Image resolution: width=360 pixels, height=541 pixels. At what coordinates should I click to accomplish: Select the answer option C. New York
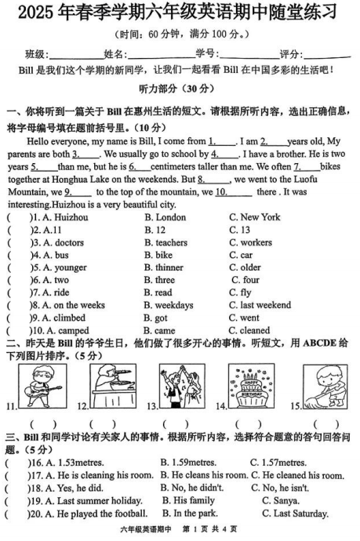coord(255,216)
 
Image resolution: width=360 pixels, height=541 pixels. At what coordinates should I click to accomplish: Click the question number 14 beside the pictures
coord(222,405)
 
